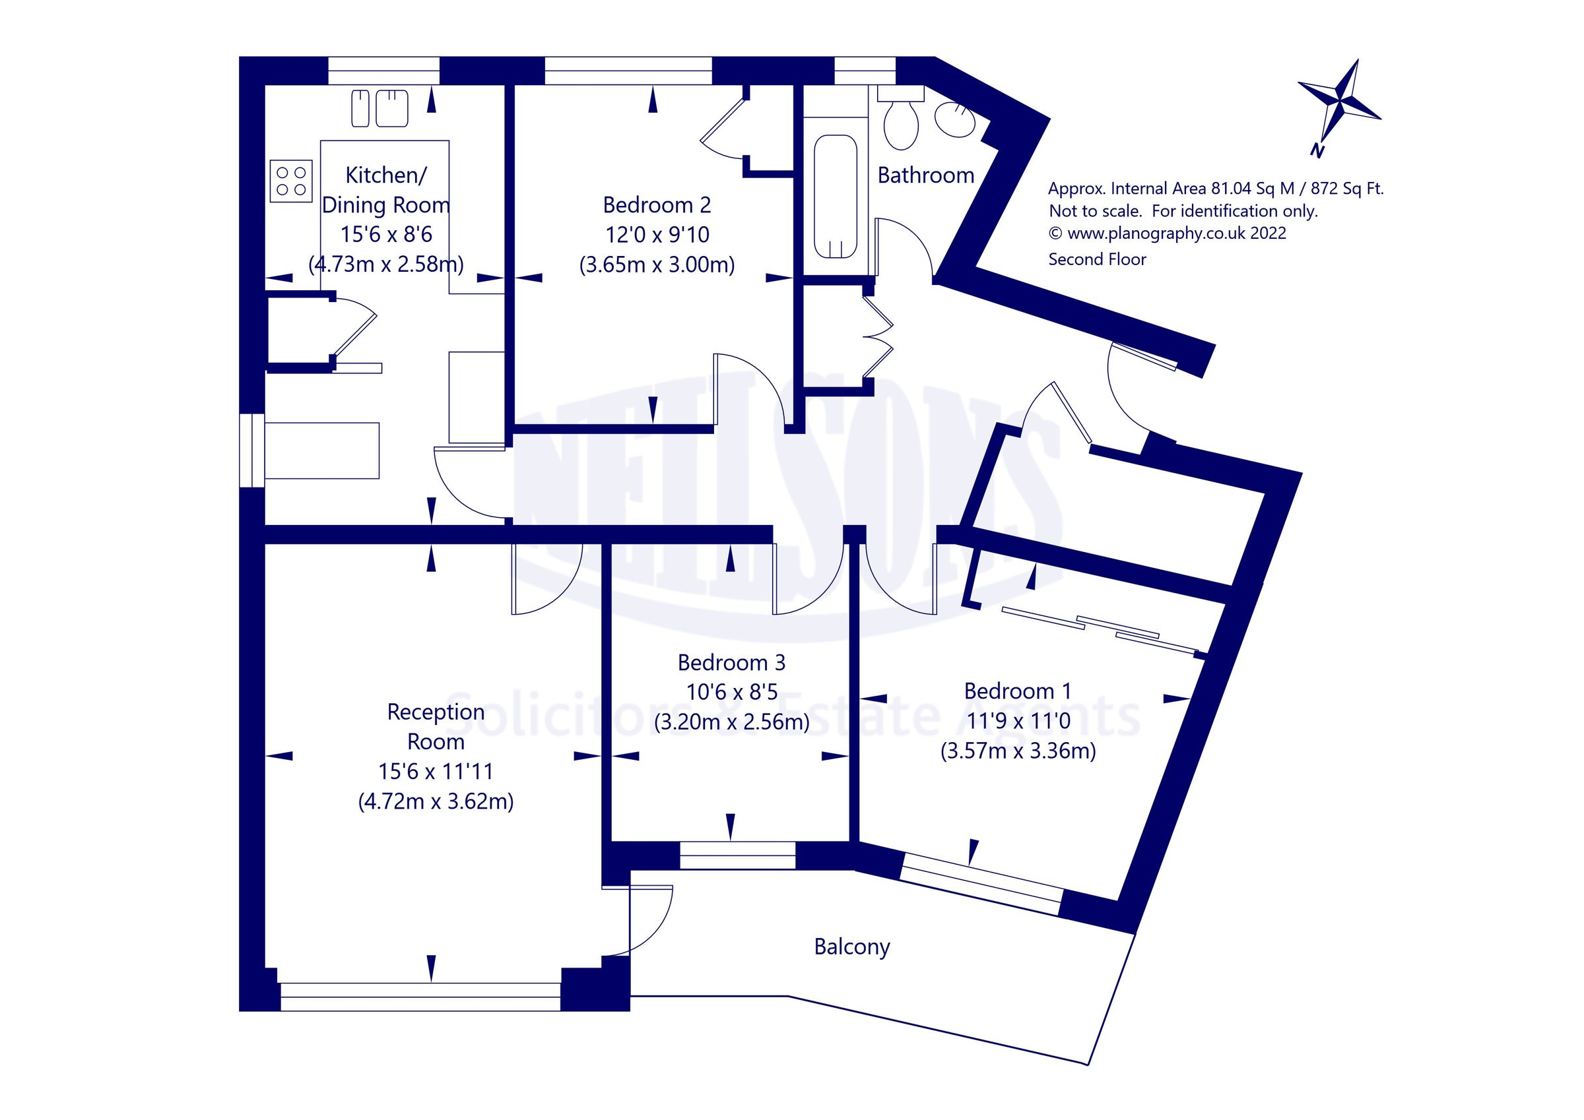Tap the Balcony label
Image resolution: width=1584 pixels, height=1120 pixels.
pos(851,947)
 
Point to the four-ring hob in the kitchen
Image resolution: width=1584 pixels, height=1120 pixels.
pos(290,181)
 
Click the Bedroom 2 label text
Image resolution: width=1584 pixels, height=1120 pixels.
pos(656,205)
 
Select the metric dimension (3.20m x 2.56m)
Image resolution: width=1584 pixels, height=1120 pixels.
pos(731,722)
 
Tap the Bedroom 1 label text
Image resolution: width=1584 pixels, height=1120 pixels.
pos(1018,691)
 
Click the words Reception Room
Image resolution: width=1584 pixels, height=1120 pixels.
pos(436,726)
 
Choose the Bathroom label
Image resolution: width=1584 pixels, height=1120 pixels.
pos(925,175)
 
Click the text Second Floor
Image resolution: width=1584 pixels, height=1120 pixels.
pos(1097,259)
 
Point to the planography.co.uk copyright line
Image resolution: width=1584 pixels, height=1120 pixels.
pos(1168,233)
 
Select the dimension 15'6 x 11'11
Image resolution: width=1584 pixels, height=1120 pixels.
pos(436,771)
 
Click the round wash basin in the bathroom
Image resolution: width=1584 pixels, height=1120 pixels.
pos(955,119)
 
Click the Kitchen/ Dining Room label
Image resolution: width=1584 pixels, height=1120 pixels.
pos(385,190)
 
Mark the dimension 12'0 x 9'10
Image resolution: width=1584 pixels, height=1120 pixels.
pos(657,234)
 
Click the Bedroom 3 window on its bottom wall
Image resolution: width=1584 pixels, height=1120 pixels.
pos(737,856)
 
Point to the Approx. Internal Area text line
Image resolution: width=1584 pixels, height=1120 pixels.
pos(1216,188)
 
